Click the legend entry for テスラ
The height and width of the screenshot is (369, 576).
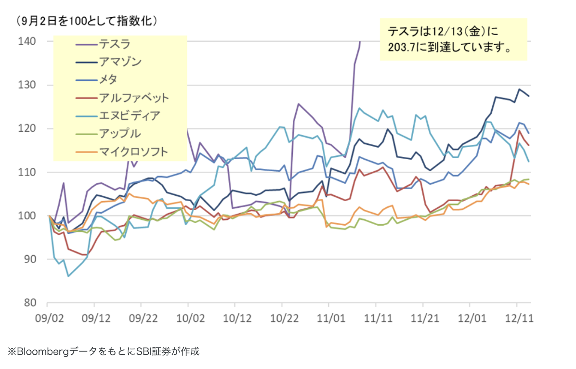[x=114, y=44]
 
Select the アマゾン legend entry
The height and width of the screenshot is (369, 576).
[x=120, y=62]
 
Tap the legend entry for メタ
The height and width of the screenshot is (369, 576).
[x=108, y=80]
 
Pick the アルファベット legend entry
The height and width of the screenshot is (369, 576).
[x=134, y=98]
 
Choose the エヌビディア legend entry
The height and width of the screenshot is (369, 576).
[x=129, y=116]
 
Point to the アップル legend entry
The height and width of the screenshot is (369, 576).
[x=120, y=134]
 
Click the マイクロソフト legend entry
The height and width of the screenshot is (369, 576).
[x=133, y=152]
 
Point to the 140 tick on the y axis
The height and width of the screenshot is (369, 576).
[x=27, y=41]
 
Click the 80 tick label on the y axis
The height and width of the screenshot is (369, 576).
[x=30, y=303]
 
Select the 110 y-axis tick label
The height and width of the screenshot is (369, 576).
[x=27, y=172]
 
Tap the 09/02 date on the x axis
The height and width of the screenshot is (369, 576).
[x=49, y=319]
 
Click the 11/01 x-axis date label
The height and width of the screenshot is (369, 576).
[x=331, y=319]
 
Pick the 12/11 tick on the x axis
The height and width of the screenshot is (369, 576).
[x=519, y=319]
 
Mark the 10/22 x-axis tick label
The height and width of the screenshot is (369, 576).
[x=284, y=319]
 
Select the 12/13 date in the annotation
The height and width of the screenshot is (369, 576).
[x=447, y=32]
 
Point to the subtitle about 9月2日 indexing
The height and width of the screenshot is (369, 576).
[x=86, y=21]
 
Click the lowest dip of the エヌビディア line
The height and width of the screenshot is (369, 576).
[x=68, y=276]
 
